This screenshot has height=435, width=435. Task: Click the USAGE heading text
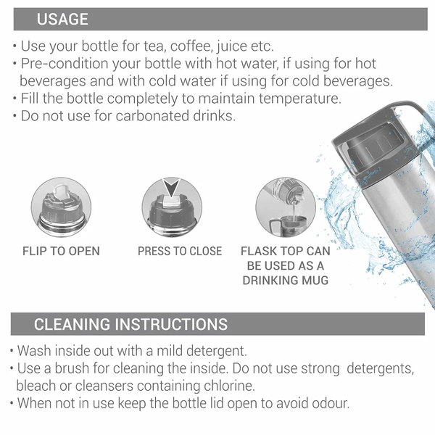pos(62,19)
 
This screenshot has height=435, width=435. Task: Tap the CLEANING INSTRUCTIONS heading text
pos(131,324)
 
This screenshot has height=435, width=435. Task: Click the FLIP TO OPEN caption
pos(61,251)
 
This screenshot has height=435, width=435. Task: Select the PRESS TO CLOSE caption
pos(180,251)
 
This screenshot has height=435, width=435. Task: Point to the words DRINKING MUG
pos(286,280)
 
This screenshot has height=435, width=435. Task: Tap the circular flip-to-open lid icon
pos(61,207)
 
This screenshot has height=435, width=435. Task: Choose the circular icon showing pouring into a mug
pos(286,207)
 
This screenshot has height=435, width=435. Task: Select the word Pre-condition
pos(64,64)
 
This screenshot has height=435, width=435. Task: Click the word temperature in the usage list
pos(300,99)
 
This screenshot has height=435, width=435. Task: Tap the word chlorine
pos(229,386)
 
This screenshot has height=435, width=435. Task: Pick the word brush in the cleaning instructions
pos(72,368)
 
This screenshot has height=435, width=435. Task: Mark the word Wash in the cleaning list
pos(34,351)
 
